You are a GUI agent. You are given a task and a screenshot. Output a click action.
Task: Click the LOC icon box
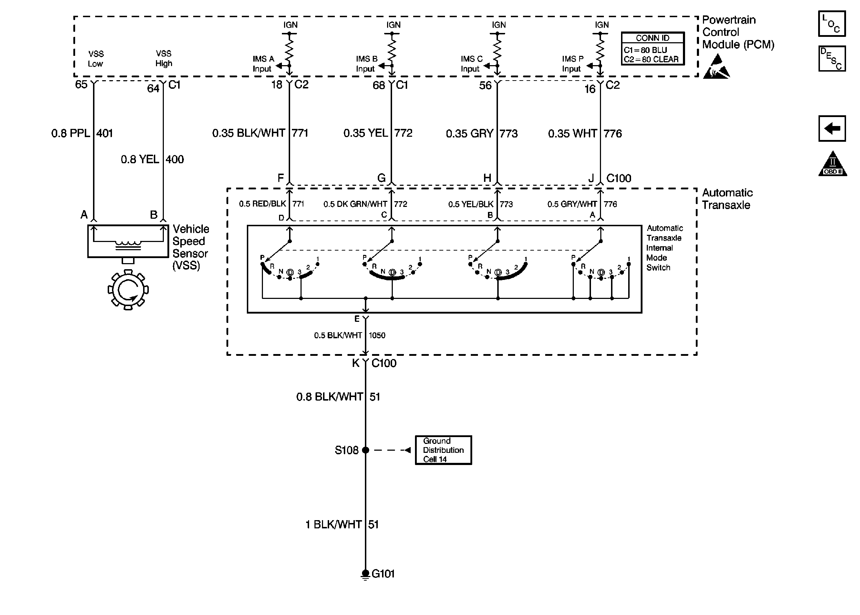(832, 24)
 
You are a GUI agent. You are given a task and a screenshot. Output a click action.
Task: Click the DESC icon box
(832, 59)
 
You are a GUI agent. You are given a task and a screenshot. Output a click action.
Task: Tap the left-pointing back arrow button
(832, 129)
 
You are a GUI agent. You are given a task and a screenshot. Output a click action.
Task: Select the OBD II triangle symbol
(832, 164)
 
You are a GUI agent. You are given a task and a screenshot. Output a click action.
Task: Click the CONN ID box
(653, 48)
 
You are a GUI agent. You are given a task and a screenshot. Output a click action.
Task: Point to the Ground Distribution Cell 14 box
(444, 450)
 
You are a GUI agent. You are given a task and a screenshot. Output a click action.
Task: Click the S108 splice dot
(366, 450)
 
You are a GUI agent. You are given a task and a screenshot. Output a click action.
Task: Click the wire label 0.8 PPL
(71, 133)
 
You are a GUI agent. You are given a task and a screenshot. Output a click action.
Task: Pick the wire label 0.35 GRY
(470, 134)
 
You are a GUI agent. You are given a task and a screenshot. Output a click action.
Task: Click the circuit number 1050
(377, 335)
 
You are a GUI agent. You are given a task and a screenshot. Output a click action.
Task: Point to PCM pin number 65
(81, 84)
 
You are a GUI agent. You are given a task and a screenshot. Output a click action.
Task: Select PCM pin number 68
(379, 85)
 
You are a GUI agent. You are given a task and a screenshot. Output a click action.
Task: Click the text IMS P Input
(572, 64)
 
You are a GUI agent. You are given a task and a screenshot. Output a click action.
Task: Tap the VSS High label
(163, 58)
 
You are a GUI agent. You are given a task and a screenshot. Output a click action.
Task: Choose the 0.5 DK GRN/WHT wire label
(355, 204)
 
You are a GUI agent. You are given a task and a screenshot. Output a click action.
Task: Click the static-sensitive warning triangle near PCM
(717, 67)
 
